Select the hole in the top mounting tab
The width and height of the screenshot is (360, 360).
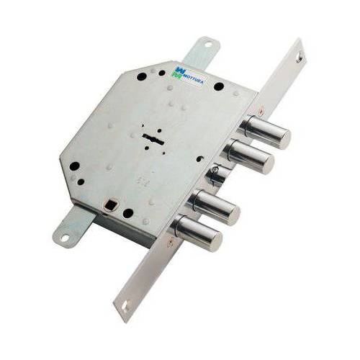(207, 45)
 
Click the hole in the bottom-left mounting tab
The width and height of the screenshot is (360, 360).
(63, 235)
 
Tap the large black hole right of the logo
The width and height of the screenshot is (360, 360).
(218, 86)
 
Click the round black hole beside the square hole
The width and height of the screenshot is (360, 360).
(127, 213)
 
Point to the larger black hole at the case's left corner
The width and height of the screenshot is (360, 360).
(74, 166)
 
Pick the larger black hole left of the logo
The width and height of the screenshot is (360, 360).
(142, 76)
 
